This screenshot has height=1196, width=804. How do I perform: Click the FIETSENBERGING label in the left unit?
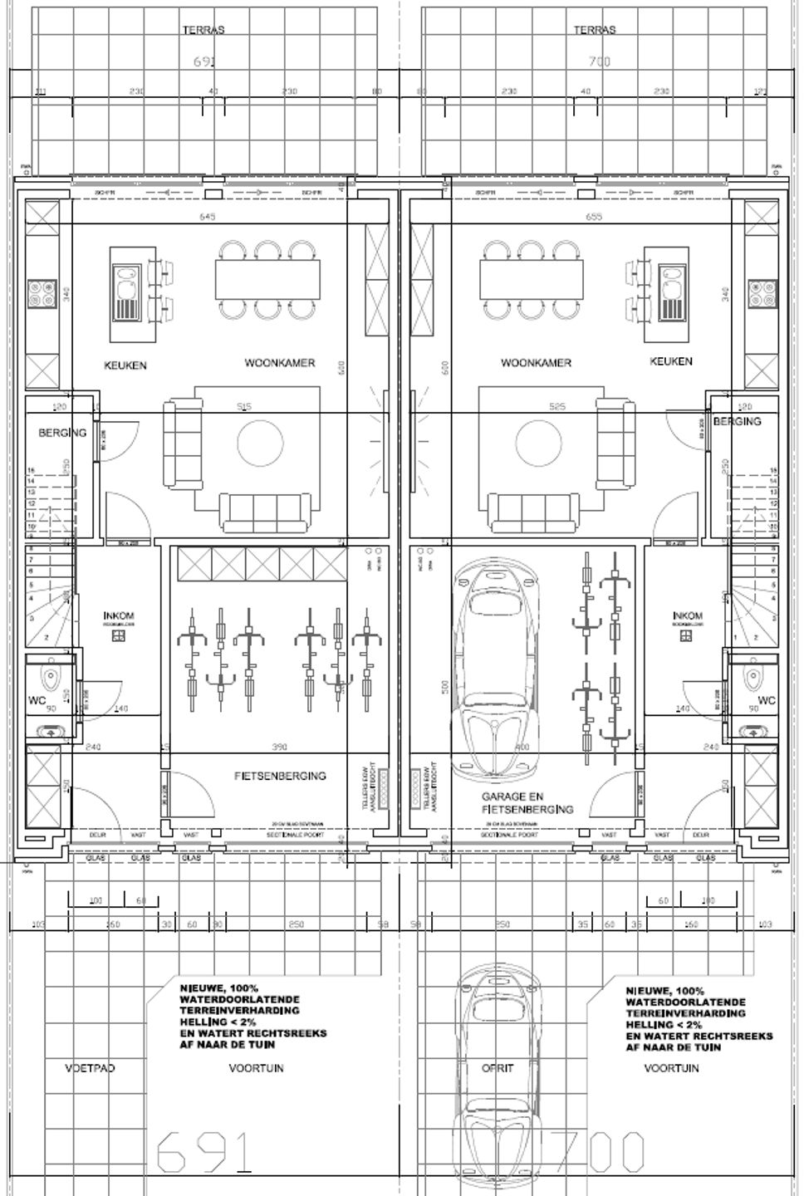280,776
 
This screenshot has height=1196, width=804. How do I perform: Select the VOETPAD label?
90,1068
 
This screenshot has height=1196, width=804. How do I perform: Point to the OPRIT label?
498,1068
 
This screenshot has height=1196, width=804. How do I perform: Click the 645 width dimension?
208,218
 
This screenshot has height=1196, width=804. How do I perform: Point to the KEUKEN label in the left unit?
125,365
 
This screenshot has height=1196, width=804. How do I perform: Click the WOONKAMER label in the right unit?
536,363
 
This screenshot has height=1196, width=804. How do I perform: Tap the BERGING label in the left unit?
62,433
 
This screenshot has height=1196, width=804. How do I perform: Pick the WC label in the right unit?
767,701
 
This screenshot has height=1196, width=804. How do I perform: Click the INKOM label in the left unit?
119,615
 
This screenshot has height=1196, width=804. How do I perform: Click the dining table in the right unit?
529,279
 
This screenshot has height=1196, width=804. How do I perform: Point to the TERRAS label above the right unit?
595,30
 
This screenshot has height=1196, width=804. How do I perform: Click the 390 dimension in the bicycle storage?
279,747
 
